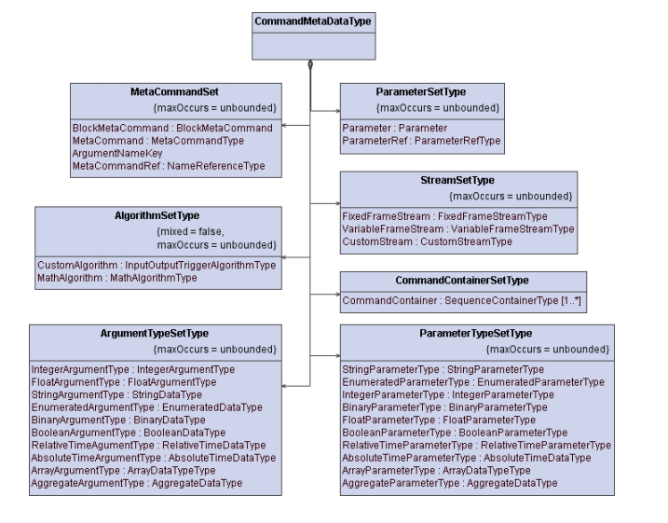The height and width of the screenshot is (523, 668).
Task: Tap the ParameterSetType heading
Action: [x=421, y=93]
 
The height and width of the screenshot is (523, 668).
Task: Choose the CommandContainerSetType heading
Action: [x=462, y=281]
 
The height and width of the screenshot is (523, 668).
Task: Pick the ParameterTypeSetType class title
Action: [x=476, y=333]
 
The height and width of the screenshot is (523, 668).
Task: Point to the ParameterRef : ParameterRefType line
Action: [x=421, y=141]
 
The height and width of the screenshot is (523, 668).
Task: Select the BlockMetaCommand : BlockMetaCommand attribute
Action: [x=172, y=128]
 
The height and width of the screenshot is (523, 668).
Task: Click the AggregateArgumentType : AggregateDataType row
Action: [x=136, y=483]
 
